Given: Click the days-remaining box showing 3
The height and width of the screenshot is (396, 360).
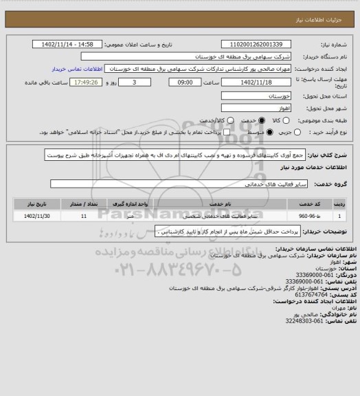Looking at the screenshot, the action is point(132,82).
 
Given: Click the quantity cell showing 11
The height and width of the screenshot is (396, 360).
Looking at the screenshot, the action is point(83,216).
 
